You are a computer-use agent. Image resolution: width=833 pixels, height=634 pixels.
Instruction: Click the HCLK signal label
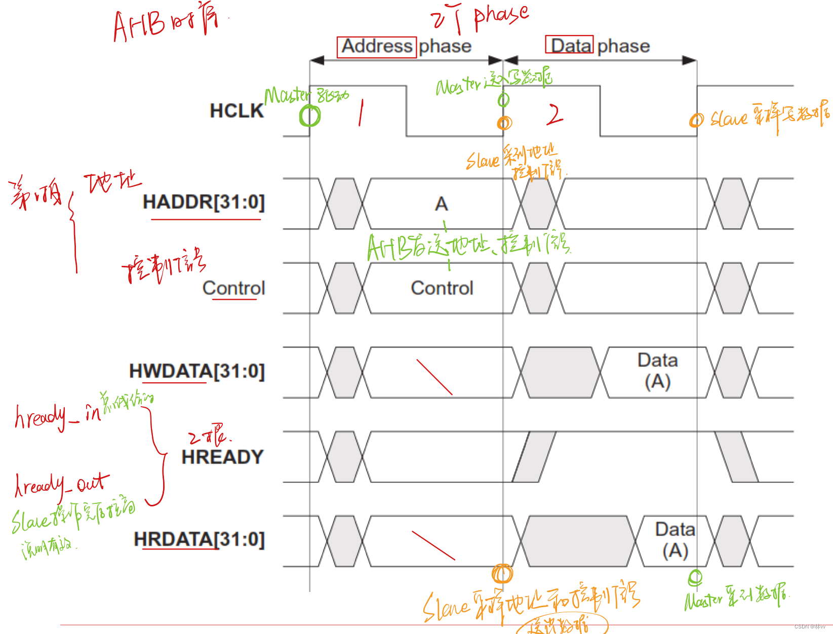(x=236, y=111)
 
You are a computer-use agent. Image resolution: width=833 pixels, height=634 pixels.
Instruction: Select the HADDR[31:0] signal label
(x=204, y=202)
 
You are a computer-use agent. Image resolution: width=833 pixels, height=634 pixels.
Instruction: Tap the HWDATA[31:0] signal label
(x=197, y=371)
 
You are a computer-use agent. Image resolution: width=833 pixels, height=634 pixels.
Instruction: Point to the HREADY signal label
(x=222, y=457)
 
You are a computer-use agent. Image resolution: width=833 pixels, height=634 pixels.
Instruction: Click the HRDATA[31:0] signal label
(x=199, y=540)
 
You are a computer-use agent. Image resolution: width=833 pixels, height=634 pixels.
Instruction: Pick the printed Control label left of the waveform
(x=233, y=288)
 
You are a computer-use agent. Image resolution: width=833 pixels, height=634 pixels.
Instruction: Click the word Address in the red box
(x=377, y=47)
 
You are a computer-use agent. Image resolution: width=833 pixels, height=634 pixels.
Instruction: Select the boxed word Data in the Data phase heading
(x=569, y=46)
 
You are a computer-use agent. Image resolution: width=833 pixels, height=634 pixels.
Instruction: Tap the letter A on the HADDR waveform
(x=441, y=204)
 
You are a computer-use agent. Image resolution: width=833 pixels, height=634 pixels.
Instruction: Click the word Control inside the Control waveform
(x=442, y=288)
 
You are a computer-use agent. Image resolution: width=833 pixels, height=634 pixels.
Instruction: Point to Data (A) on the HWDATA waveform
(x=657, y=371)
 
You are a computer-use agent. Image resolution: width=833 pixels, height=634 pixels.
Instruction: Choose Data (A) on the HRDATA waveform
(x=675, y=540)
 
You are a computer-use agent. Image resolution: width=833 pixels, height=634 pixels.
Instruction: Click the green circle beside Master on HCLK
(x=309, y=116)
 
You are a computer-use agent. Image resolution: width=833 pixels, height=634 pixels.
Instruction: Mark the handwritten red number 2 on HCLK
(x=555, y=114)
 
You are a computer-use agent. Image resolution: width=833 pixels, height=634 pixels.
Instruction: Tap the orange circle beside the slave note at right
(x=696, y=120)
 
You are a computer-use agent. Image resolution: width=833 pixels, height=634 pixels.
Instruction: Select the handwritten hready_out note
(x=61, y=485)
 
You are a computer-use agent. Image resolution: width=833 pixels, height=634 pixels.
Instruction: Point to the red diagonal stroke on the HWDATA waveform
(x=434, y=377)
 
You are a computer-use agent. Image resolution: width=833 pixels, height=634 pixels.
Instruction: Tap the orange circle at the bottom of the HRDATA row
(x=502, y=574)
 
